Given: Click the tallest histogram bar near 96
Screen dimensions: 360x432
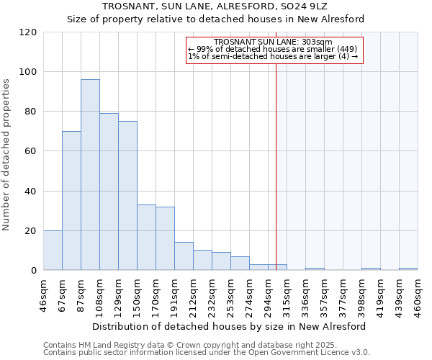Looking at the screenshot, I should (90, 175).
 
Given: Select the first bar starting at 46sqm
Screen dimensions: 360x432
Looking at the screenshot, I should (53, 251).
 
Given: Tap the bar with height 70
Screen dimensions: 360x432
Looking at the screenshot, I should (71, 201).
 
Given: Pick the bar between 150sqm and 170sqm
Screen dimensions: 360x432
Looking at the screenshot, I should (146, 238).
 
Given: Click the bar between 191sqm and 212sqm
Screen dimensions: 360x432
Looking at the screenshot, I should (184, 256).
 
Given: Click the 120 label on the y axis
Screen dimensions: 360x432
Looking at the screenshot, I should (28, 32).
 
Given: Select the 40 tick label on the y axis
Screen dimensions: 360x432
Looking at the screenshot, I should (30, 192).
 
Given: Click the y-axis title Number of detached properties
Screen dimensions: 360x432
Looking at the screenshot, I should (7, 155).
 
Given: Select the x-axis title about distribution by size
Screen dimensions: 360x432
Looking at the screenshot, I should (230, 326).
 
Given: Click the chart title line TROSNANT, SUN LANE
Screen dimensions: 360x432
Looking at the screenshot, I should (215, 6).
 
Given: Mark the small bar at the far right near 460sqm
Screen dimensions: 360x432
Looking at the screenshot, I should (408, 269).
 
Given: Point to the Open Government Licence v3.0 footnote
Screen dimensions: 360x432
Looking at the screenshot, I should (207, 353).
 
